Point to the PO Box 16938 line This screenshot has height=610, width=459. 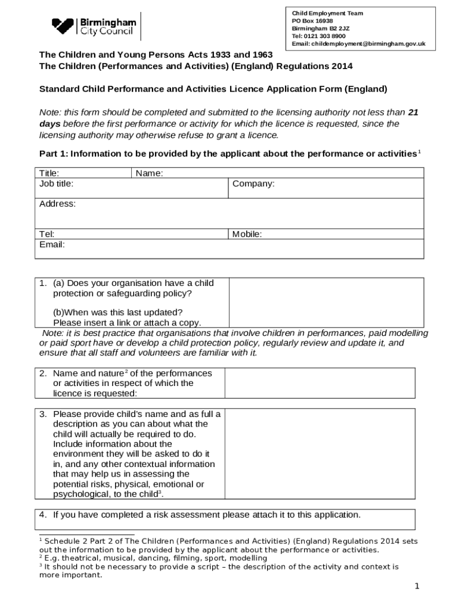point(312,21)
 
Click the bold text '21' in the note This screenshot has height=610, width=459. point(413,112)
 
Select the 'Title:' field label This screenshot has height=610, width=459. point(49,173)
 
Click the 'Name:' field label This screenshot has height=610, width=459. point(150,173)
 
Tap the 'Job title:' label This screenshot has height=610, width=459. point(56,183)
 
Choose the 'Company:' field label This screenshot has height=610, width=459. point(253,183)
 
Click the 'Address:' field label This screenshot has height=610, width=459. point(57,204)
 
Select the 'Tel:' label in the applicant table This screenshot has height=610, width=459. point(46,234)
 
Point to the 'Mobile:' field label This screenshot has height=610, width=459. point(247,234)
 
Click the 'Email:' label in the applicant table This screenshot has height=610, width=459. point(52,244)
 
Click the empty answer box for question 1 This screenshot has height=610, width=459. point(326,302)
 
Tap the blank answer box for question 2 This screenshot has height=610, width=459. point(320,382)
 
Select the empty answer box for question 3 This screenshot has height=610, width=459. point(320,454)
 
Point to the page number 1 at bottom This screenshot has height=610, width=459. point(417,587)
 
